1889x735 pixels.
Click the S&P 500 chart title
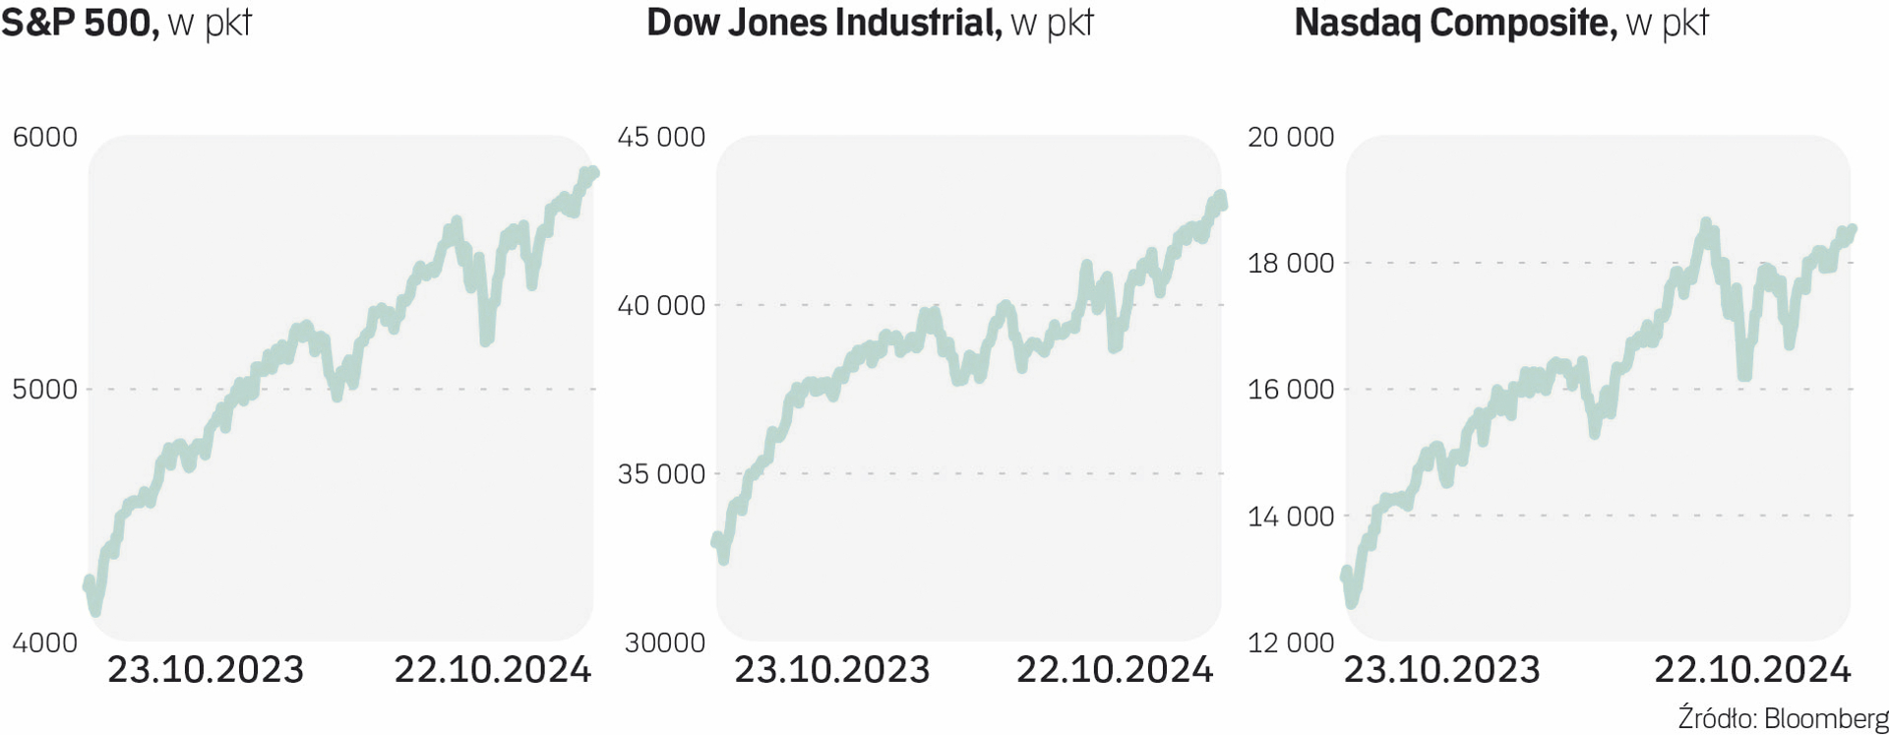click(x=126, y=23)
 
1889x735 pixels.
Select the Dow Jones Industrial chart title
click(x=870, y=23)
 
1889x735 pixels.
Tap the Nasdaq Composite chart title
click(x=1501, y=23)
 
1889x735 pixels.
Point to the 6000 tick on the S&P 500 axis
click(x=44, y=137)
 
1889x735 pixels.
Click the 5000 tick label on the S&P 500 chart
click(x=44, y=390)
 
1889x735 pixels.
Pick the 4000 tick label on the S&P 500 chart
click(x=44, y=643)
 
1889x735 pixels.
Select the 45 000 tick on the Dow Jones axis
click(x=661, y=137)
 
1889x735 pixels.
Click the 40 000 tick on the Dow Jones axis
click(x=661, y=305)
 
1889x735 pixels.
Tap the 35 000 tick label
click(x=661, y=474)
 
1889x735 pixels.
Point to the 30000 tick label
click(x=664, y=643)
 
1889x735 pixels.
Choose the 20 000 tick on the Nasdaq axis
click(x=1291, y=137)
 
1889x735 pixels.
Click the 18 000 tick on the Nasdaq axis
click(x=1291, y=263)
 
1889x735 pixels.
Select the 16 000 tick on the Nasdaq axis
click(x=1291, y=390)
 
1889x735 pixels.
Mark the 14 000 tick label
click(x=1291, y=516)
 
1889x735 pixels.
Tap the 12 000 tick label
click(x=1291, y=643)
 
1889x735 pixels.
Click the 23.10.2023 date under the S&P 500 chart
click(x=206, y=670)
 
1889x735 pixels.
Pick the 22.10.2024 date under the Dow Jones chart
click(x=1115, y=670)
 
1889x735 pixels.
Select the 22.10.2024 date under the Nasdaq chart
click(x=1752, y=670)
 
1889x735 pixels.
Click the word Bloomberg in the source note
click(x=1826, y=718)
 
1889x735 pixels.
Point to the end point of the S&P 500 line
click(x=592, y=173)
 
